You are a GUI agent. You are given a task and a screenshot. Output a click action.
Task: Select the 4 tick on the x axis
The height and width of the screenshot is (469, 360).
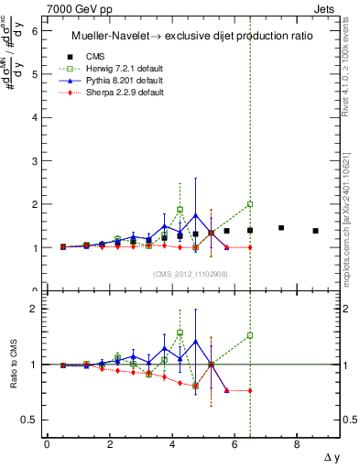[x=171, y=444]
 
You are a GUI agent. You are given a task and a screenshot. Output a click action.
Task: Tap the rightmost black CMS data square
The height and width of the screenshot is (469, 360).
[x=315, y=231]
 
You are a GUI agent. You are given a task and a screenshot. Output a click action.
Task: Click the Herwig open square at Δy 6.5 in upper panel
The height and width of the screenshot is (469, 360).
[x=250, y=204]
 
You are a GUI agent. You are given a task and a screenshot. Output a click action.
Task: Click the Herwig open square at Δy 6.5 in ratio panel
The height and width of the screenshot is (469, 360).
[x=250, y=335]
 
